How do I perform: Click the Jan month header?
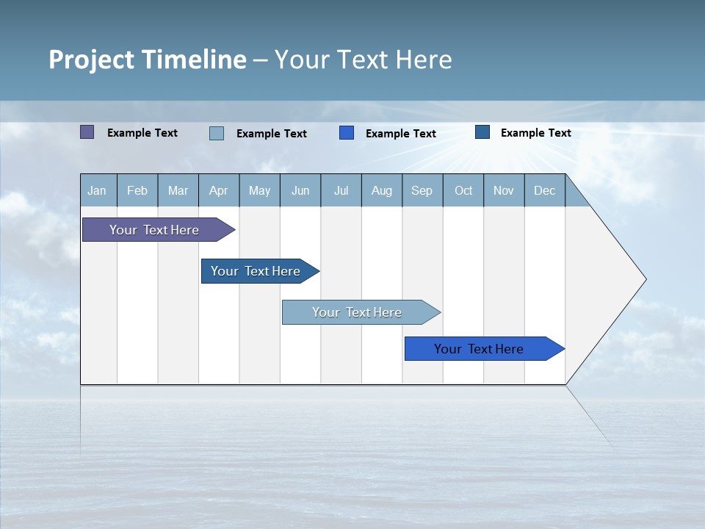click(98, 190)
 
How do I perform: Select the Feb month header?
click(137, 190)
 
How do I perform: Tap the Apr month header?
click(219, 190)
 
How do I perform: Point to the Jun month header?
click(300, 190)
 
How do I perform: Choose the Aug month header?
click(382, 190)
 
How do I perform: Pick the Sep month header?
click(422, 190)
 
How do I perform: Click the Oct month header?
click(463, 190)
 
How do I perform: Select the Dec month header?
click(545, 190)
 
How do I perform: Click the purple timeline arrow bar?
click(154, 230)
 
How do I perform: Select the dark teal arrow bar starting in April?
click(256, 271)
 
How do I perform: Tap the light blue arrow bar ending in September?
click(357, 312)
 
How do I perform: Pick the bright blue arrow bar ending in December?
click(479, 349)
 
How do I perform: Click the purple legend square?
click(87, 132)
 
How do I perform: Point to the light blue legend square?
click(217, 133)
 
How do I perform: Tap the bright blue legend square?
click(347, 133)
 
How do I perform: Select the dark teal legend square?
click(482, 132)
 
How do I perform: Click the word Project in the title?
click(91, 60)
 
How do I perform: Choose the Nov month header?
click(504, 190)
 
